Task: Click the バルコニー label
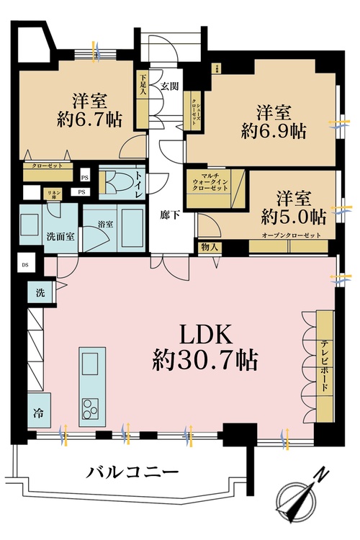[x=132, y=473]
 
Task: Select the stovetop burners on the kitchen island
[x=92, y=408]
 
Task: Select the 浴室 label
[x=106, y=225]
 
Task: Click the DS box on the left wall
[x=24, y=264]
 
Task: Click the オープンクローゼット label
[x=292, y=235]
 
